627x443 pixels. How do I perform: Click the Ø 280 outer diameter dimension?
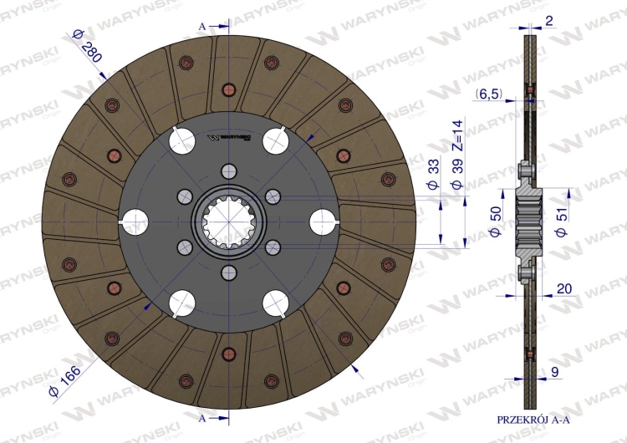tap(87, 48)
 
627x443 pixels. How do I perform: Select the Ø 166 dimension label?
tap(66, 379)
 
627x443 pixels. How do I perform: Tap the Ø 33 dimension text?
tap(434, 172)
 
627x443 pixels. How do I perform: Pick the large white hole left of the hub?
tap(135, 221)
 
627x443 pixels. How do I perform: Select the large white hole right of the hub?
tap(323, 221)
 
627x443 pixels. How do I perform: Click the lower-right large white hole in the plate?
tap(276, 302)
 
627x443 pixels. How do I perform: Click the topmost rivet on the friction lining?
tap(228, 90)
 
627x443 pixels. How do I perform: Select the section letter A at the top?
tap(201, 27)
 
